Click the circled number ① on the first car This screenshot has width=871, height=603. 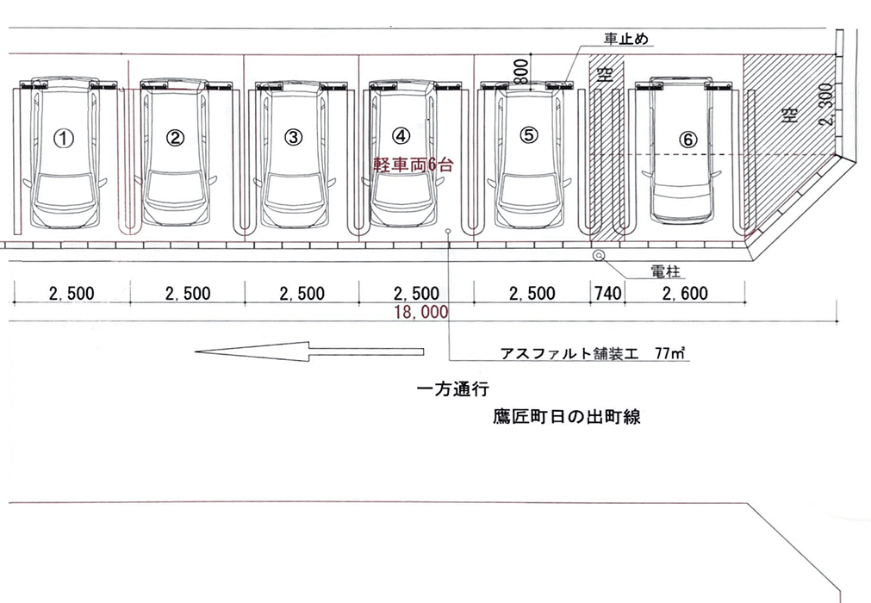coord(64,136)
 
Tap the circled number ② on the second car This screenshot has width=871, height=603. coord(176,136)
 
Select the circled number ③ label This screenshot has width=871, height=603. coord(294,136)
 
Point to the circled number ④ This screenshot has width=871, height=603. coord(401,135)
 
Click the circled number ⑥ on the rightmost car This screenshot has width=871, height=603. coord(687,138)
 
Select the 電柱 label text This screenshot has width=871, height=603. coord(667,272)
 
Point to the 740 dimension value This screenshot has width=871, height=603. coord(607,294)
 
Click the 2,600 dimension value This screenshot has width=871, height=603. coord(685,294)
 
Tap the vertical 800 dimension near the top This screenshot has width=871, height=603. coord(520,72)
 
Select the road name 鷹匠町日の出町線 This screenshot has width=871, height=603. coord(566,418)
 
